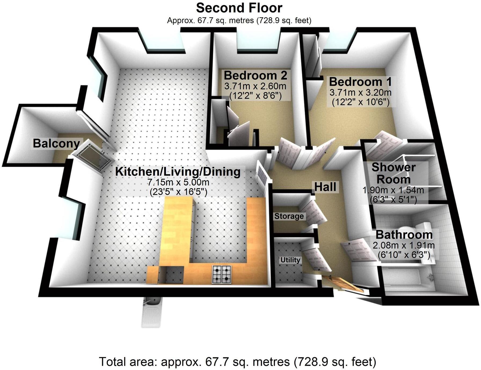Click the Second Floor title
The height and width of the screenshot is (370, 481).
239,8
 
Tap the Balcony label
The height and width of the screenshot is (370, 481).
56,144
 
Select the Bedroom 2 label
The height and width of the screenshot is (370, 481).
256,76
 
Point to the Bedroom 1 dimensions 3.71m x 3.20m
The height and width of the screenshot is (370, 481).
360,93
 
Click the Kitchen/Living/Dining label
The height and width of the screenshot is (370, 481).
178,172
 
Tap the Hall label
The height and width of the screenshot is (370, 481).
325,187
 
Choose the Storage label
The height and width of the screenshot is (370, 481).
289,216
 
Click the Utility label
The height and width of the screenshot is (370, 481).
290,260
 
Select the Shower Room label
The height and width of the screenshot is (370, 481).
393,173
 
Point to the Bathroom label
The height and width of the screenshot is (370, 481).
404,235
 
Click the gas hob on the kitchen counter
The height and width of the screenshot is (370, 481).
222,274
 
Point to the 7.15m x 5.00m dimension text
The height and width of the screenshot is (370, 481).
178,183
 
